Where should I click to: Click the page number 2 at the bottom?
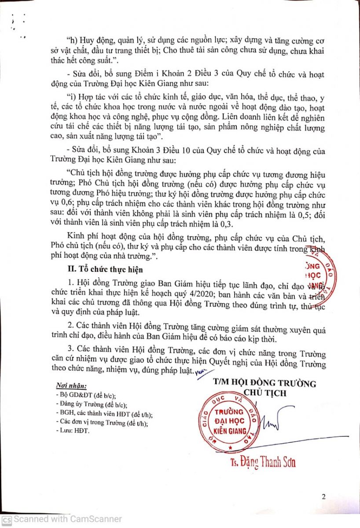[x=323, y=497]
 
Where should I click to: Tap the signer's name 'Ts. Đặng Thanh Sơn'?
[x=263, y=462]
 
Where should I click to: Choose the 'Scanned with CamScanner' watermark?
[x=61, y=519]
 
